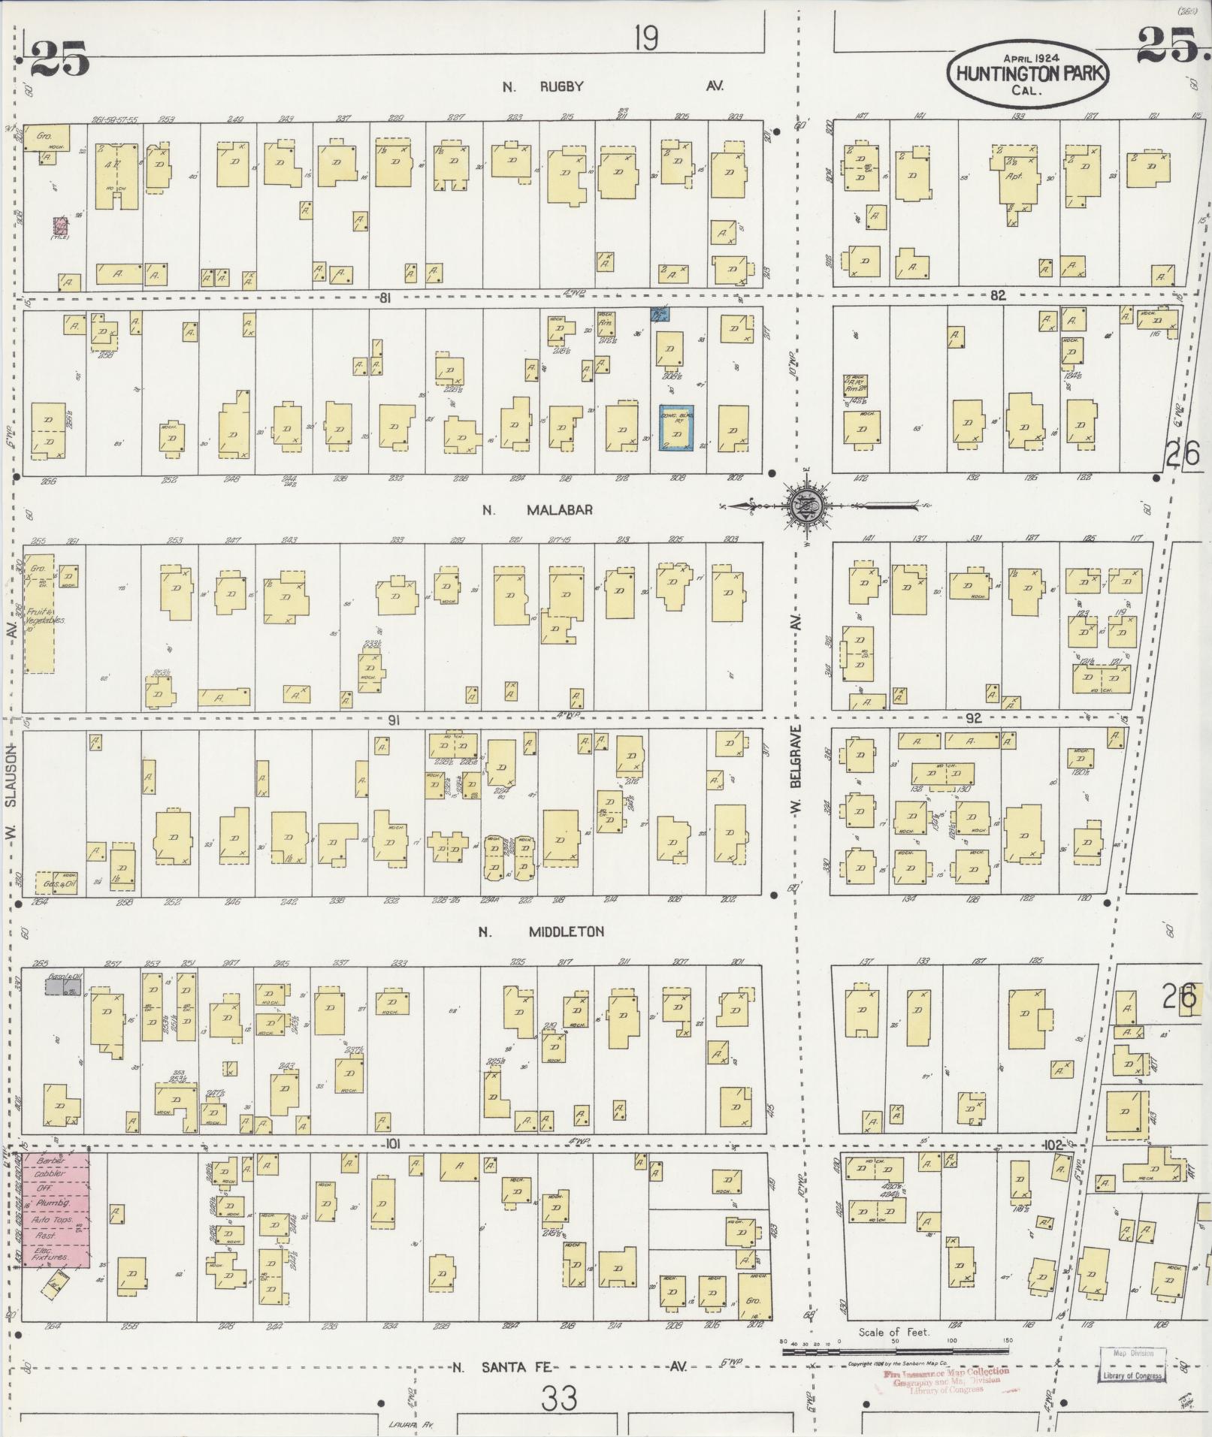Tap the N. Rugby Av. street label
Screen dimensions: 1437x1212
612,86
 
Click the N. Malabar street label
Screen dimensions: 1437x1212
538,510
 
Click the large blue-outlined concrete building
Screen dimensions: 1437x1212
676,428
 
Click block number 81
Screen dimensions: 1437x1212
385,298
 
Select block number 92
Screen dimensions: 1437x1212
973,718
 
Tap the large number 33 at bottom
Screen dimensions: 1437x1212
561,1399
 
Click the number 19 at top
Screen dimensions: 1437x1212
645,38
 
